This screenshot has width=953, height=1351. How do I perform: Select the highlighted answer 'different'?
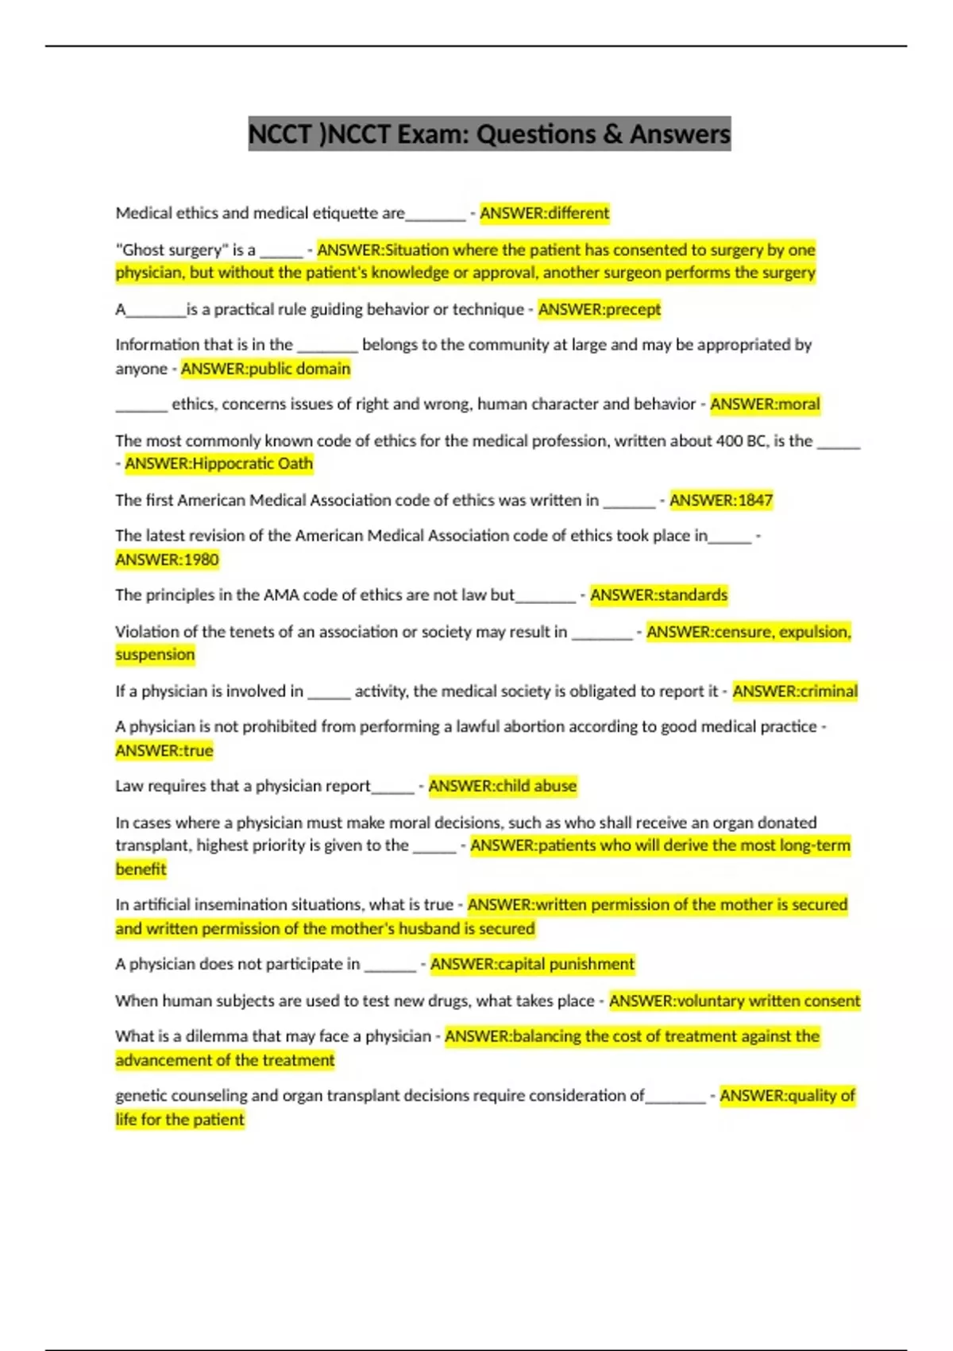point(578,213)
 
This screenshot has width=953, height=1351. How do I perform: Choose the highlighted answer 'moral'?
point(799,404)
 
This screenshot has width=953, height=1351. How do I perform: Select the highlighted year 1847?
point(754,500)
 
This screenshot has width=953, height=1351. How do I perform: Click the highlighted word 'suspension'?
point(155,655)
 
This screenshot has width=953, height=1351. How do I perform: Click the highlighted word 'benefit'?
point(141,869)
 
